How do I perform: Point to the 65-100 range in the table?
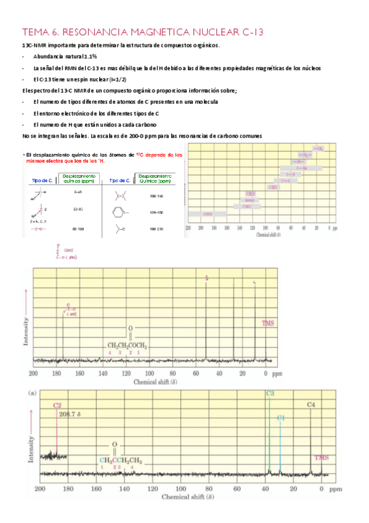(x=78, y=228)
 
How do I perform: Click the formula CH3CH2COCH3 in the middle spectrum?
(x=128, y=345)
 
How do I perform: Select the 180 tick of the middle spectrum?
(x=57, y=374)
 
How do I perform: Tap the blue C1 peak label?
(x=281, y=418)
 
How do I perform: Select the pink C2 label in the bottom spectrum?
(x=57, y=406)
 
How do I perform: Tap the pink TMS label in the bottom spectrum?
(x=322, y=457)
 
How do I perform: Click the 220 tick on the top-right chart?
(x=188, y=228)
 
